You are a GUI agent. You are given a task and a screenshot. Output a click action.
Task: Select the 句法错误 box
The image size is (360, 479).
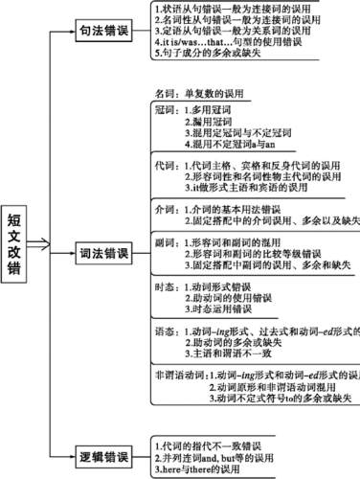(x=103, y=30)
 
